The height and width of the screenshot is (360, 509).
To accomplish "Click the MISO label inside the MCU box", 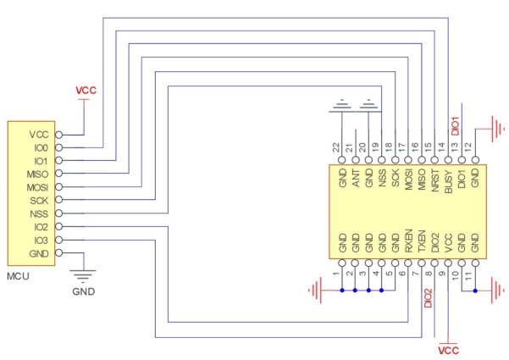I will click(36, 174).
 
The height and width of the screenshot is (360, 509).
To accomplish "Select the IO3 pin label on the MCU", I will click(39, 241).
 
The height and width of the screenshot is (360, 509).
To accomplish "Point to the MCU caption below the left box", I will click(19, 277).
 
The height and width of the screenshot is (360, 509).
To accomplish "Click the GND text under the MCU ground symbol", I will click(83, 291).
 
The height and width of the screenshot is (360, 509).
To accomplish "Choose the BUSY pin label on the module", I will click(448, 180).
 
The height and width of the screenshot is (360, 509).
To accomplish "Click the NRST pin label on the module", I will click(434, 180).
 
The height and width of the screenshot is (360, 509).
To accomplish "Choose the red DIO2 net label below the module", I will click(429, 301).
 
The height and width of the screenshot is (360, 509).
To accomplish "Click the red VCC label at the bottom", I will click(448, 348).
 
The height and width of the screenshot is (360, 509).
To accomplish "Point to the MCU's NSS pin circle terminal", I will click(59, 213).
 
